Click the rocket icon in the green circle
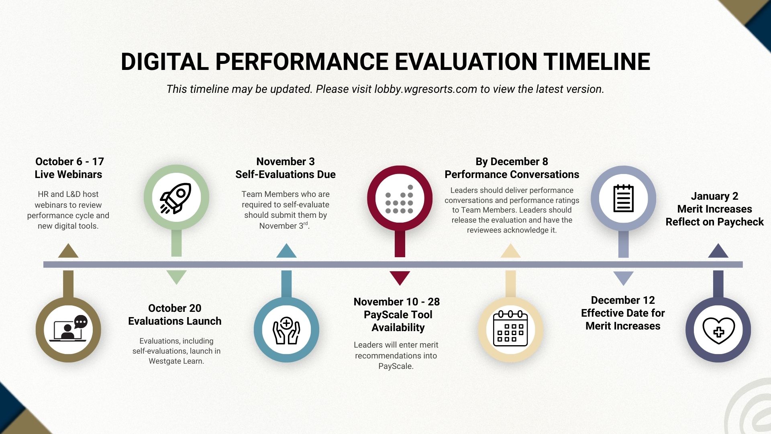(x=176, y=198)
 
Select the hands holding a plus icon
(x=286, y=330)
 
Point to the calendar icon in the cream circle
(x=510, y=328)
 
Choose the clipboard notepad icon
(x=623, y=198)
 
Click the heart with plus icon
(x=718, y=330)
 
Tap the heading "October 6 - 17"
(x=69, y=162)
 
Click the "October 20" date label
(x=175, y=308)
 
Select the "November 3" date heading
(x=286, y=162)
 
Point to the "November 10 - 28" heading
(x=397, y=302)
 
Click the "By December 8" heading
(x=512, y=162)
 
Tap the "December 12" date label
(x=623, y=300)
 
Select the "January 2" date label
(x=715, y=196)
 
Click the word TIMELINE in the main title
(x=597, y=61)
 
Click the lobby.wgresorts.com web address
(x=426, y=89)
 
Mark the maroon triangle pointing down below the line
(x=400, y=278)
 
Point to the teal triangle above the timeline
(x=286, y=251)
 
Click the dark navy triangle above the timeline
(x=718, y=251)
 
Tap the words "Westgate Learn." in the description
(x=176, y=361)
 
